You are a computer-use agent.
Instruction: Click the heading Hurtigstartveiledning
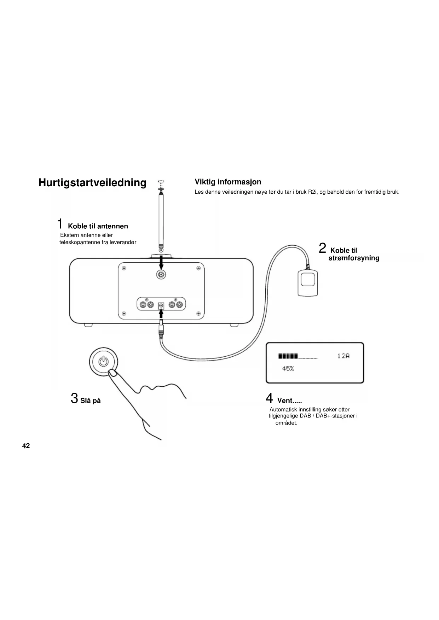pyautogui.click(x=92, y=183)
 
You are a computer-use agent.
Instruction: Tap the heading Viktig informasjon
pyautogui.click(x=228, y=182)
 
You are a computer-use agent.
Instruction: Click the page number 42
pyautogui.click(x=26, y=446)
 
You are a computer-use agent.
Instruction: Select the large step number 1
pyautogui.click(x=60, y=224)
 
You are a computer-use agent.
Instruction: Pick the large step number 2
pyautogui.click(x=322, y=248)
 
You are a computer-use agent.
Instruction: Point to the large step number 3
pyautogui.click(x=74, y=398)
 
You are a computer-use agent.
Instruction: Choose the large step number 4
pyautogui.click(x=270, y=398)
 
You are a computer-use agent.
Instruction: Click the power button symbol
pyautogui.click(x=103, y=361)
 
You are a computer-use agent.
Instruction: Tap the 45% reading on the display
pyautogui.click(x=288, y=369)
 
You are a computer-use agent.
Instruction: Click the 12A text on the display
pyautogui.click(x=343, y=356)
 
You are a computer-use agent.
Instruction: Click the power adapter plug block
pyautogui.click(x=308, y=282)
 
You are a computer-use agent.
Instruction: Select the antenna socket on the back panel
pyautogui.click(x=161, y=274)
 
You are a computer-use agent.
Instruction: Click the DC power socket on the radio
pyautogui.click(x=161, y=305)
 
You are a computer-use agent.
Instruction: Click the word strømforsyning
pyautogui.click(x=354, y=258)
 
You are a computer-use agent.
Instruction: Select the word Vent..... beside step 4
pyautogui.click(x=289, y=400)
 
